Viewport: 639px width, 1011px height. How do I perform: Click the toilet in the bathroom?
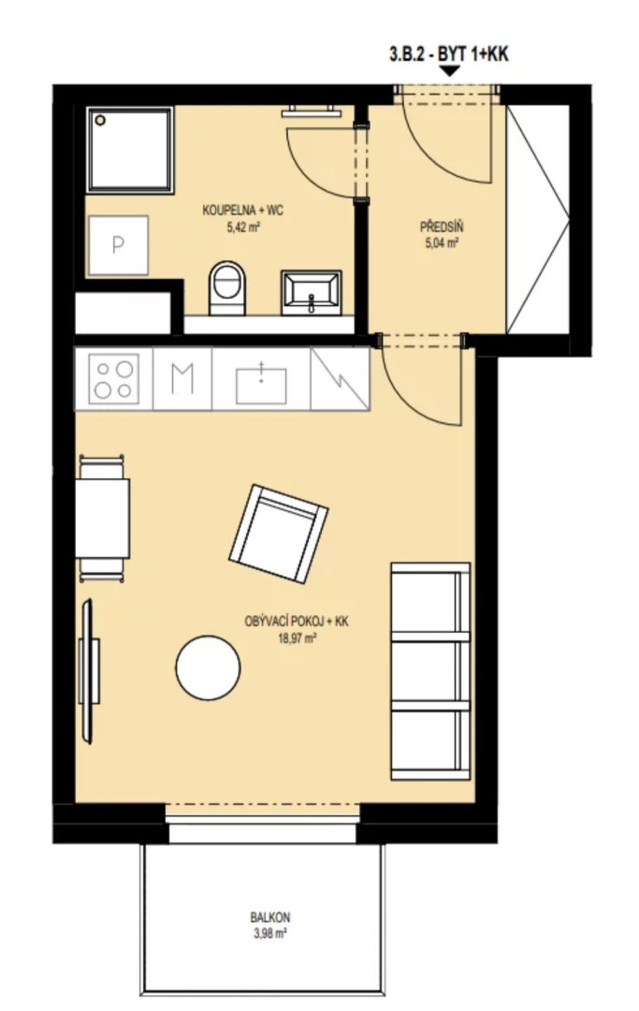pyautogui.click(x=227, y=287)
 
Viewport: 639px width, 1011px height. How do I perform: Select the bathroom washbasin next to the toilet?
pyautogui.click(x=312, y=292)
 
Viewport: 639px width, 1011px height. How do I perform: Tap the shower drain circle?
pyautogui.click(x=100, y=120)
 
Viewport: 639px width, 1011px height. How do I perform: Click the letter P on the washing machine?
pyautogui.click(x=118, y=245)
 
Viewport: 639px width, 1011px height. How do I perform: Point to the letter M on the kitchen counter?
pyautogui.click(x=182, y=379)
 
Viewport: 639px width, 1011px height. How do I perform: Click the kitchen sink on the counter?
pyautogui.click(x=261, y=384)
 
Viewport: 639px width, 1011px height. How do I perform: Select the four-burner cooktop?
pyautogui.click(x=113, y=378)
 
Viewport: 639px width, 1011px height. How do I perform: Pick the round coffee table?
pyautogui.click(x=208, y=668)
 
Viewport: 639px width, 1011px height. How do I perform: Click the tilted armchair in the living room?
pyautogui.click(x=278, y=534)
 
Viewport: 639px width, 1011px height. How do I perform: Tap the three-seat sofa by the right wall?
pyautogui.click(x=430, y=671)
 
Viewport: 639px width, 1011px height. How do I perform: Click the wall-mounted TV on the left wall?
pyautogui.click(x=88, y=671)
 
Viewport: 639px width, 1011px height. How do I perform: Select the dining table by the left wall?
pyautogui.click(x=102, y=519)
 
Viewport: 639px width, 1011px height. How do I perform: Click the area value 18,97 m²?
pyautogui.click(x=297, y=639)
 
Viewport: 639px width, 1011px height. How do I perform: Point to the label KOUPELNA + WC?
pyautogui.click(x=243, y=211)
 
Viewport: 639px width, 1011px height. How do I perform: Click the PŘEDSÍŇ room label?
pyautogui.click(x=442, y=227)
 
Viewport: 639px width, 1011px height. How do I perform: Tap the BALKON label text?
pyautogui.click(x=269, y=916)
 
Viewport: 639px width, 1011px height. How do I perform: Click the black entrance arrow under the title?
pyautogui.click(x=449, y=71)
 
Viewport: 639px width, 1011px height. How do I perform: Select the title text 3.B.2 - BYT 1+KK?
pyautogui.click(x=449, y=54)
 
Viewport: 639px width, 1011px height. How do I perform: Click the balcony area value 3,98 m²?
pyautogui.click(x=269, y=933)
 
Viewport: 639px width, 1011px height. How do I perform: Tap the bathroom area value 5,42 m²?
pyautogui.click(x=243, y=227)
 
